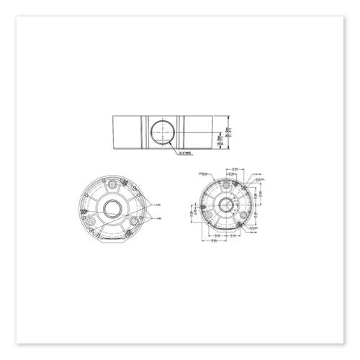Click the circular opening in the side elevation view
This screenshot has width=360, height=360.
click(165, 132)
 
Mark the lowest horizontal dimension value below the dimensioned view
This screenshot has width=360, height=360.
click(217, 243)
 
